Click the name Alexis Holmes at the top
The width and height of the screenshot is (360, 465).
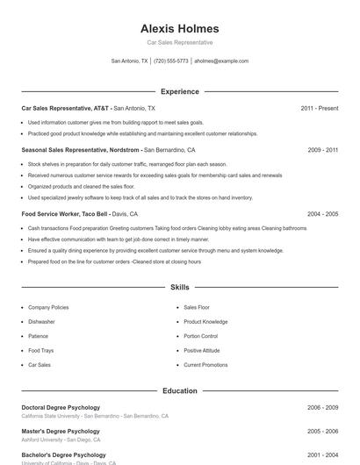[x=179, y=28]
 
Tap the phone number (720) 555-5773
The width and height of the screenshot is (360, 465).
[x=170, y=61]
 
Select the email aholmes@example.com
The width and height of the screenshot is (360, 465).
[x=221, y=61]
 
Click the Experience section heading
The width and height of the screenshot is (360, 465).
[x=179, y=91]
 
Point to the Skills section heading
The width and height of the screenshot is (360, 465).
[x=179, y=287]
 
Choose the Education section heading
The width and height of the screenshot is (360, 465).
[x=179, y=390]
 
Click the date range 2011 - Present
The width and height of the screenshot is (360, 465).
[x=319, y=108]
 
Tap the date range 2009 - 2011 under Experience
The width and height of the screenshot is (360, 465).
[x=322, y=150]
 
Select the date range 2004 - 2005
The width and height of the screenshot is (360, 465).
[x=322, y=213]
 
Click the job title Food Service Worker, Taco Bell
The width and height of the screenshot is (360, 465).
[x=64, y=213]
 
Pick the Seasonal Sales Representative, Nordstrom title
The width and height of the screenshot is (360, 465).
[x=81, y=150]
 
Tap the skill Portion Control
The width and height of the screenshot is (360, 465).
[x=200, y=336]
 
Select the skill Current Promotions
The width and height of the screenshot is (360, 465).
[x=205, y=364]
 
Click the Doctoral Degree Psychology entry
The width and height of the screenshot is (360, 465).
[x=61, y=407]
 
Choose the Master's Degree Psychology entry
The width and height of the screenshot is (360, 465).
[x=61, y=431]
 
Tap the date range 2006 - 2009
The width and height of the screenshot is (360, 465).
[x=322, y=407]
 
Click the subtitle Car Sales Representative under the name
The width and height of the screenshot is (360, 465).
[x=179, y=42]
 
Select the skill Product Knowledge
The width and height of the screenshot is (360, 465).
[x=205, y=322]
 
